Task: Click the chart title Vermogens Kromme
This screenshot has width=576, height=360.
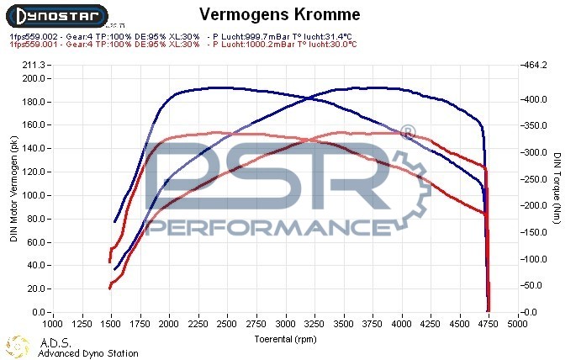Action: [x=281, y=14]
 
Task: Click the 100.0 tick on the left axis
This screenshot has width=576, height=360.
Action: [x=33, y=195]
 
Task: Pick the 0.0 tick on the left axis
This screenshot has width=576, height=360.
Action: [x=39, y=312]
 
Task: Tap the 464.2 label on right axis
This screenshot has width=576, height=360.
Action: [x=535, y=65]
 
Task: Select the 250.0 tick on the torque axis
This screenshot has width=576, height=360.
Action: [x=535, y=179]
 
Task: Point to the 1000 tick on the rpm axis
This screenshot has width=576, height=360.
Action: [x=53, y=323]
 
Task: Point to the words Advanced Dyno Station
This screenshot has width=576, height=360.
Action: [x=87, y=353]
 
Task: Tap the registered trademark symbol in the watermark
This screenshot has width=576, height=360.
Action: [x=407, y=132]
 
